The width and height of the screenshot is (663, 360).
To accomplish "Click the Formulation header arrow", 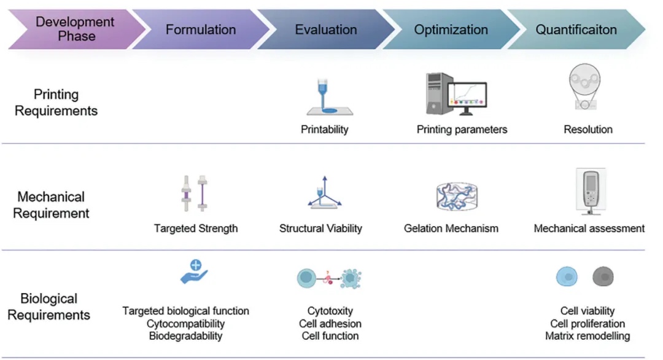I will click(200, 29).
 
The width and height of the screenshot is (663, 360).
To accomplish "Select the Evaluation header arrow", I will click(325, 29).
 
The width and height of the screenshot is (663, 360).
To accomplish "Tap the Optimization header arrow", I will click(451, 29).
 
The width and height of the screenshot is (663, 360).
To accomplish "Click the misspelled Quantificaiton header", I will click(576, 29).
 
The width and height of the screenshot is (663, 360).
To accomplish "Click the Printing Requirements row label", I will click(56, 103).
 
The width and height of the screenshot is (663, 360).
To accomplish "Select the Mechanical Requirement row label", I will click(51, 205).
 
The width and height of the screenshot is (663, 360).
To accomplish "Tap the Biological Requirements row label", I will click(48, 307).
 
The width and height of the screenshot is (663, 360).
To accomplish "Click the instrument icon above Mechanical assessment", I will click(590, 192).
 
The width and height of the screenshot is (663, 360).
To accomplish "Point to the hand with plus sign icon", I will click(195, 272).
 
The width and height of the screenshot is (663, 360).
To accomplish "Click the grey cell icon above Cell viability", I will click(603, 278).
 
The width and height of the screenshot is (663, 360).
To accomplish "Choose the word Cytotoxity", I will click(330, 311).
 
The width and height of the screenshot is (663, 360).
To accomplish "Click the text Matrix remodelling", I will click(587, 336).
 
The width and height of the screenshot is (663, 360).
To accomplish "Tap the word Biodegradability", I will click(185, 336).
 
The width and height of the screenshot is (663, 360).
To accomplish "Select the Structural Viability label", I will click(320, 229).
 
